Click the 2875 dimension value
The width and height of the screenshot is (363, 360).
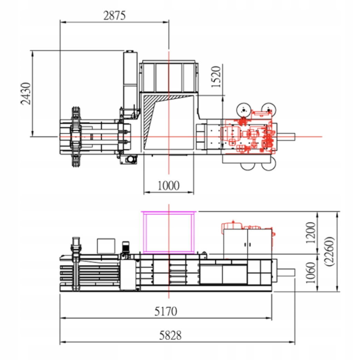pyautogui.click(x=114, y=16)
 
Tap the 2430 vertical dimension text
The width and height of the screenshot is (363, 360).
pyautogui.click(x=26, y=93)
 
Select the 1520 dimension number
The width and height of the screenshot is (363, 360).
pyautogui.click(x=216, y=77)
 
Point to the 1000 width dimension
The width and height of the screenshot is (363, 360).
pyautogui.click(x=168, y=186)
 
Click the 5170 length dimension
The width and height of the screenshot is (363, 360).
pyautogui.click(x=166, y=311)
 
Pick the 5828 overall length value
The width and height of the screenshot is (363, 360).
pyautogui.click(x=170, y=335)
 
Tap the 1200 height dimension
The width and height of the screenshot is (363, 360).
pyautogui.click(x=311, y=232)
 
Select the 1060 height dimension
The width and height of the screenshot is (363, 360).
pyautogui.click(x=311, y=273)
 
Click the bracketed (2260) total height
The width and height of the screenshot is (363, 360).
pyautogui.click(x=330, y=251)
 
